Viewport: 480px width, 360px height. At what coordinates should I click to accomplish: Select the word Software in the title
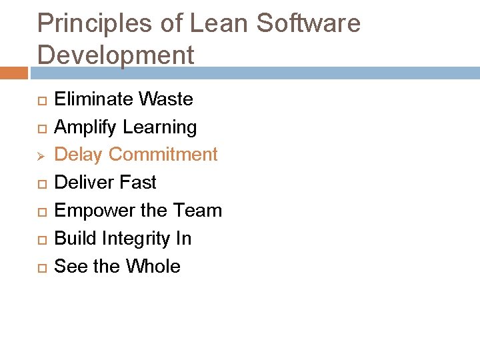pyautogui.click(x=309, y=24)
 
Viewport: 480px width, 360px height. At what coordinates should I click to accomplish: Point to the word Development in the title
pyautogui.click(x=115, y=55)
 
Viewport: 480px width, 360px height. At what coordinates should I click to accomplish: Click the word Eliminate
pyautogui.click(x=93, y=99)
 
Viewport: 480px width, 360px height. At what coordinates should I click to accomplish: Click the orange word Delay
pyautogui.click(x=78, y=155)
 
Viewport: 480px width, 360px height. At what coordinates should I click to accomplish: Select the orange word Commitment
pyautogui.click(x=163, y=155)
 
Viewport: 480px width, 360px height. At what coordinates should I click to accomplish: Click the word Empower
pyautogui.click(x=87, y=211)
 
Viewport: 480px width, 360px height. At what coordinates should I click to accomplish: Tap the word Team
pyautogui.click(x=197, y=211)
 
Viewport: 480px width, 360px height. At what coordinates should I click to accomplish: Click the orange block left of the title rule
pyautogui.click(x=14, y=73)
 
